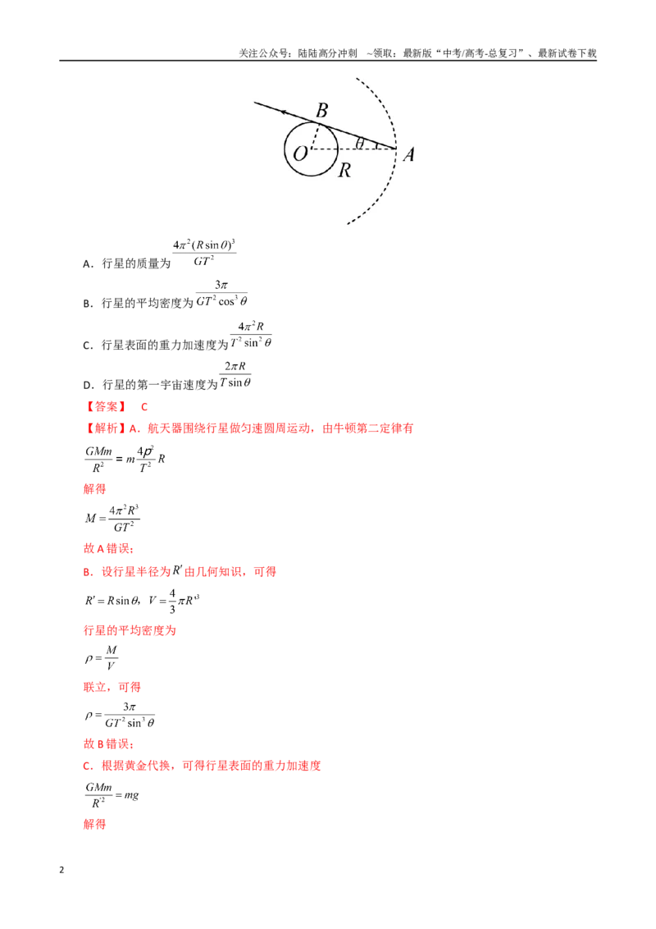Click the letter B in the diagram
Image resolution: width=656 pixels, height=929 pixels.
(322, 110)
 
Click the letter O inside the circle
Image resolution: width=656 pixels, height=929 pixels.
(300, 153)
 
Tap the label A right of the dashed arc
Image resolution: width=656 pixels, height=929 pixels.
(408, 154)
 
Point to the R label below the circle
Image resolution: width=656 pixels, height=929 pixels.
(344, 171)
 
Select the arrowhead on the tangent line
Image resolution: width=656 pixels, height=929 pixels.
(285, 112)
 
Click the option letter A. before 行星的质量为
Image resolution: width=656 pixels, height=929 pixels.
(89, 264)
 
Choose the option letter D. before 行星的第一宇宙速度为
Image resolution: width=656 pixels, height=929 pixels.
(89, 385)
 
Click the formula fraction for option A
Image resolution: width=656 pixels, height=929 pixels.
(204, 253)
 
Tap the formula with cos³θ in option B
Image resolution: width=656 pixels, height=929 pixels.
(221, 293)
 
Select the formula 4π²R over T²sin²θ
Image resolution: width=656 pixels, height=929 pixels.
(251, 335)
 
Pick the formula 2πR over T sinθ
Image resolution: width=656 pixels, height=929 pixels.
(235, 374)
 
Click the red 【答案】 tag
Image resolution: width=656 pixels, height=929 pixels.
(105, 406)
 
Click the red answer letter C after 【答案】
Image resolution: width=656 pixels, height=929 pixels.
(143, 407)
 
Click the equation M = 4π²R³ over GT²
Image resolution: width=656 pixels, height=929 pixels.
(112, 519)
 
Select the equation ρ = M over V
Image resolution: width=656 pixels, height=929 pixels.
(101, 658)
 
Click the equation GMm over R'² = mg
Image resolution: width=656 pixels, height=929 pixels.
(112, 795)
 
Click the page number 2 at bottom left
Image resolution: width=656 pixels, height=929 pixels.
(61, 870)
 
